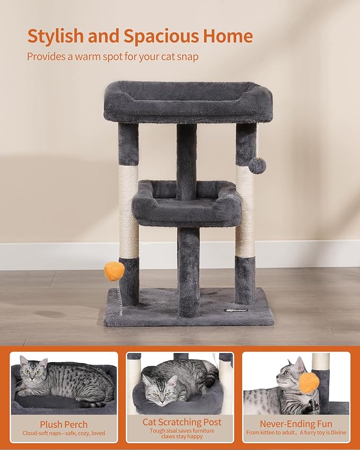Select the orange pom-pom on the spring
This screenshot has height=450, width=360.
pos(115,271)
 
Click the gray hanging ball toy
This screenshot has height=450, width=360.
pos(257,165)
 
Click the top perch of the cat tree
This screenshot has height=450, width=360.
pos(188,101)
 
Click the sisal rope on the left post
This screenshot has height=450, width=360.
pos(129,212)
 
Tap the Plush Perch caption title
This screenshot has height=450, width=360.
pos(64,424)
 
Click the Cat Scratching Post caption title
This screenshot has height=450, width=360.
pos(182,422)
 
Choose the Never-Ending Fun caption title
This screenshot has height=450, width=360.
pos(296,424)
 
